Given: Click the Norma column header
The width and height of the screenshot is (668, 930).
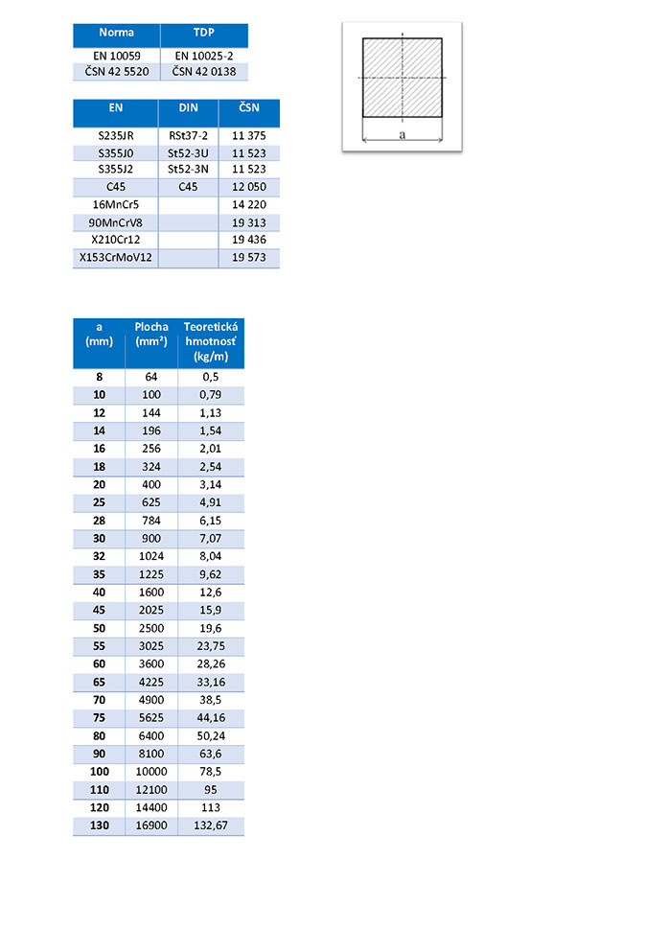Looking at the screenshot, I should click(x=116, y=33).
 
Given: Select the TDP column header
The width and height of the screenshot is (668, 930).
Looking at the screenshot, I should click(x=203, y=33).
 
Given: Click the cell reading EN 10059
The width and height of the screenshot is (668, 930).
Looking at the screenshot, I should click(x=116, y=56).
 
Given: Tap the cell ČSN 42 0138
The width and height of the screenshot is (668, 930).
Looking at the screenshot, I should click(x=203, y=71).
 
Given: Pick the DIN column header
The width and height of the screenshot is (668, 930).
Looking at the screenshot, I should click(x=188, y=108).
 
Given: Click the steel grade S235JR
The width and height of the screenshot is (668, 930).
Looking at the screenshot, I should click(x=115, y=135).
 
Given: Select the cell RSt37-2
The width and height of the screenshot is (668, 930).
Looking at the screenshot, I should click(x=188, y=135).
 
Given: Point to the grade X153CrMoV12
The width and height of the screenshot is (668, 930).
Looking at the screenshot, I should click(x=115, y=258).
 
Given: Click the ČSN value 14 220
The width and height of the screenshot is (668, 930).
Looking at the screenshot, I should click(x=249, y=204).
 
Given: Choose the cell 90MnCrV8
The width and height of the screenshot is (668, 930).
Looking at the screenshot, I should click(x=115, y=222).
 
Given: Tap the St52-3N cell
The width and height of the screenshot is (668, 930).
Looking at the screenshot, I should click(x=188, y=170).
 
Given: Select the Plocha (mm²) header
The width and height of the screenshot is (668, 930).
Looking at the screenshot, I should click(x=151, y=334).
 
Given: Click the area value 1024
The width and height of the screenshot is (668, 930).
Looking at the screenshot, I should click(x=151, y=556).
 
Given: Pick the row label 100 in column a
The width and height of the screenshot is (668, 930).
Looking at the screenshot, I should click(x=100, y=772).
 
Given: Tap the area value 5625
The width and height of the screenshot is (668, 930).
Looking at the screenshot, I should click(x=151, y=718).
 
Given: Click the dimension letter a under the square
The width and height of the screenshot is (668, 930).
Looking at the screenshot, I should click(x=403, y=135).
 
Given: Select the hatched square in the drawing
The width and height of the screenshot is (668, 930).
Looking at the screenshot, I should click(x=403, y=77).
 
